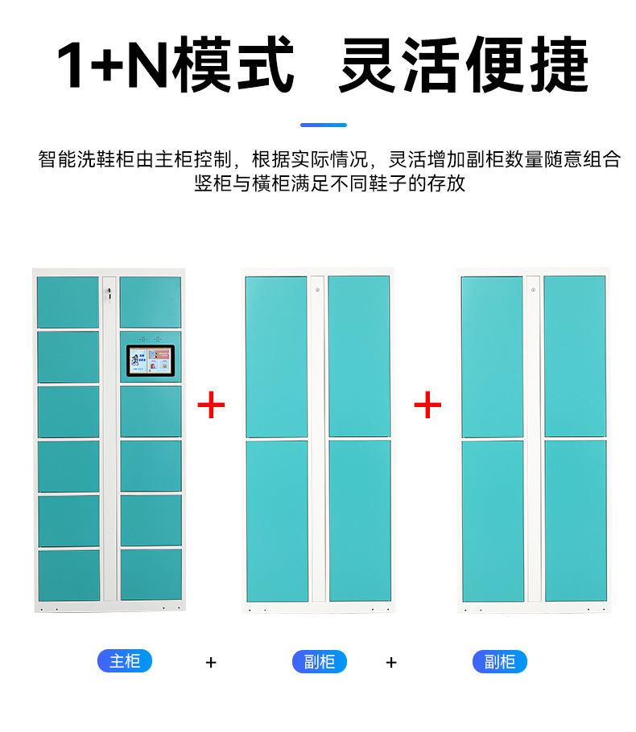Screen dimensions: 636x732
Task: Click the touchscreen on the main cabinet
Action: [x=151, y=361]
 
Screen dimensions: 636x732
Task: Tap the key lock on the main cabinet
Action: [x=109, y=294]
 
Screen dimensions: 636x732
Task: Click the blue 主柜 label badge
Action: [x=125, y=661]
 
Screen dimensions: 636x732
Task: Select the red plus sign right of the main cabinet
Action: [x=211, y=405]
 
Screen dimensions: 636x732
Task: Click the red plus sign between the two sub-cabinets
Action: [x=427, y=405]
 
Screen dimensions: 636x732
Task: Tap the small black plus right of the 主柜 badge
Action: [x=211, y=663]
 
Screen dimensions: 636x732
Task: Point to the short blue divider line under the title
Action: [x=324, y=125]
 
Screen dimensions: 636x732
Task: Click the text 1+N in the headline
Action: [x=112, y=64]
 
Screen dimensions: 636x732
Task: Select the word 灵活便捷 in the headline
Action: [x=464, y=64]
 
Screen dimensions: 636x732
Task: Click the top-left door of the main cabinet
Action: [x=68, y=302]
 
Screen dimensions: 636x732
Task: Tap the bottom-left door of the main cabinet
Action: [x=69, y=575]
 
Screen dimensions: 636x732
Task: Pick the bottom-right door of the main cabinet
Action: [x=151, y=574]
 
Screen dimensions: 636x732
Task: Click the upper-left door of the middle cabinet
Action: [x=277, y=356]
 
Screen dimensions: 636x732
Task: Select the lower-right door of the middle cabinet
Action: [x=360, y=520]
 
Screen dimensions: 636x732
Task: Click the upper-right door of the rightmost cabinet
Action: [x=575, y=356]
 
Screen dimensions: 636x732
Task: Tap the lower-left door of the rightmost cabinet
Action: [x=493, y=521]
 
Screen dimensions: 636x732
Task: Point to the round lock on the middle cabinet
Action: [x=317, y=290]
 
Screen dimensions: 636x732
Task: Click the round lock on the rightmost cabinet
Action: [x=533, y=290]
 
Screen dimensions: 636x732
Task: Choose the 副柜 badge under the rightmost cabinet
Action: [x=500, y=661]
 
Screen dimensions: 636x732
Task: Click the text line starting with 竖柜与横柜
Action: [x=329, y=183]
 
